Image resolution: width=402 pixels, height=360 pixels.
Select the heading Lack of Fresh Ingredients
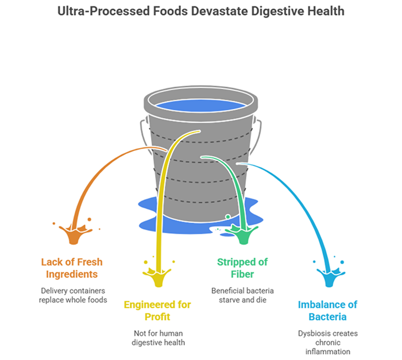(x=72, y=268)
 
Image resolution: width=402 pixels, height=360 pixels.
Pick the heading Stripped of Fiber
(x=242, y=268)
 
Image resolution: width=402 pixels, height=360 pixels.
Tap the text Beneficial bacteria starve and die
(x=242, y=295)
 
